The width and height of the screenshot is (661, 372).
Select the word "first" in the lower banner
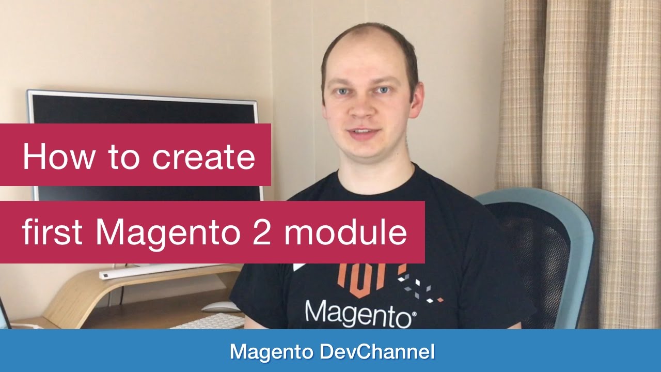[52, 233]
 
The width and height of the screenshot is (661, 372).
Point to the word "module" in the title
[345, 233]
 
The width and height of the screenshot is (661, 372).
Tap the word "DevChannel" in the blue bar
[377, 352]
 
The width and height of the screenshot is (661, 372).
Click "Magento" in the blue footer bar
[272, 352]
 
